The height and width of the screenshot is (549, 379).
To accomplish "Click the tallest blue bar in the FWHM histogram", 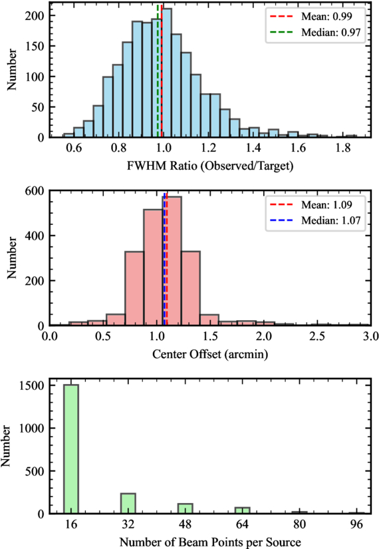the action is pyautogui.click(x=167, y=73).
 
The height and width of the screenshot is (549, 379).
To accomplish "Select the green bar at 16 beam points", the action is pyautogui.click(x=71, y=449).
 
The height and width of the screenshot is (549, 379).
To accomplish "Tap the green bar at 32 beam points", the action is pyautogui.click(x=128, y=504).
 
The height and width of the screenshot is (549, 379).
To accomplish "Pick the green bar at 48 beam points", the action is pyautogui.click(x=185, y=508).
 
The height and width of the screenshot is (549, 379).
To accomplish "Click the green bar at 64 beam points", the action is pyautogui.click(x=242, y=510).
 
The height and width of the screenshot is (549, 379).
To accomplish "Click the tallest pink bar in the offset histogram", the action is pyautogui.click(x=172, y=261).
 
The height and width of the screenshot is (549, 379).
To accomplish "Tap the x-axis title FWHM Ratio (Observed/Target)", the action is pyautogui.click(x=210, y=166).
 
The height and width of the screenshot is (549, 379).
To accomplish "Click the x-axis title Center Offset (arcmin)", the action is pyautogui.click(x=210, y=354).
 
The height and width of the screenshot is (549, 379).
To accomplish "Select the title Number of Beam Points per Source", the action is pyautogui.click(x=210, y=542).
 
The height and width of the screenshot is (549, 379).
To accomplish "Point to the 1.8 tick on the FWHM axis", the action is pyautogui.click(x=343, y=148).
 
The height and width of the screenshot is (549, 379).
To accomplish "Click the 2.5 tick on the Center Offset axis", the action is pyautogui.click(x=317, y=337).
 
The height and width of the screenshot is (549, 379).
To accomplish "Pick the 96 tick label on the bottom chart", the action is pyautogui.click(x=356, y=524).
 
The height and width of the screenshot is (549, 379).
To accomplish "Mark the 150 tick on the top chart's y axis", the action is pyautogui.click(x=35, y=46).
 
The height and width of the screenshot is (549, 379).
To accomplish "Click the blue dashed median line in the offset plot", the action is pyautogui.click(x=164, y=259).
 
